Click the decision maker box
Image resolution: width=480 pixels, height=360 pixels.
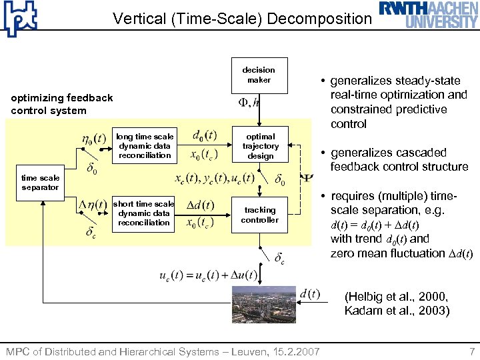(259, 75)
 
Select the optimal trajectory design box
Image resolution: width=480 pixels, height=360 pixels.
(260, 146)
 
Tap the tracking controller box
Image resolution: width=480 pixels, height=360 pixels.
(260, 215)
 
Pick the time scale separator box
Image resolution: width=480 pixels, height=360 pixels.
(40, 183)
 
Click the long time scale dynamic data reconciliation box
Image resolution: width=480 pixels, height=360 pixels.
(145, 146)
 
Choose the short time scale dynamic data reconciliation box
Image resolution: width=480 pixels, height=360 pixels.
(144, 213)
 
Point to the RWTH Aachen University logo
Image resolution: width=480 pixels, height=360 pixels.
(429, 15)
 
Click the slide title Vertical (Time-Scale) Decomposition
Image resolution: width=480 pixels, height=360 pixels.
(242, 19)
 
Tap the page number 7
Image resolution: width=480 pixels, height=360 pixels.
(472, 351)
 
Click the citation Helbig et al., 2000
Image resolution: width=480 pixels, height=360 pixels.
(396, 297)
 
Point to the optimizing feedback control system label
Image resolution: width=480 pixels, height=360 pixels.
(62, 104)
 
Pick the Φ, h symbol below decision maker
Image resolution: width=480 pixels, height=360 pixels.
(249, 103)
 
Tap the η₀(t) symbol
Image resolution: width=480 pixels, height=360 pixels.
(93, 139)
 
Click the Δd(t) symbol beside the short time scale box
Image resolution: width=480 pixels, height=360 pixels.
(199, 205)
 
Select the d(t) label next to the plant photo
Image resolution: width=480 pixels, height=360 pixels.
(310, 294)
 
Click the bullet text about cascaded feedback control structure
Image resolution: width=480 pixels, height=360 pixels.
(399, 159)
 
